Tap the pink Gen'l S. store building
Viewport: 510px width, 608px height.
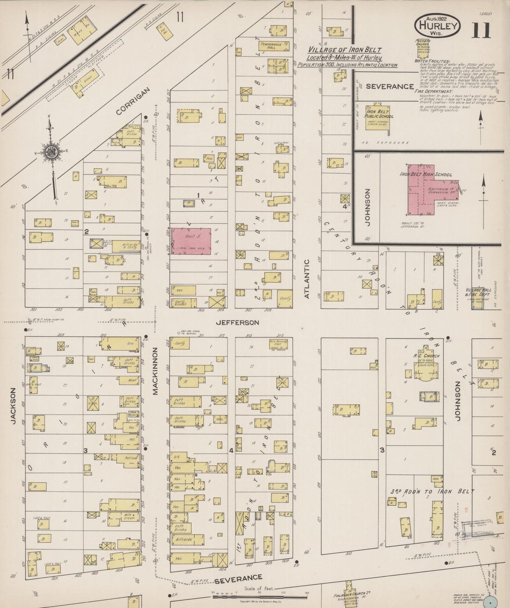(192, 241)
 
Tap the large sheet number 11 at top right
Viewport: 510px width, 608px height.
(481, 30)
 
